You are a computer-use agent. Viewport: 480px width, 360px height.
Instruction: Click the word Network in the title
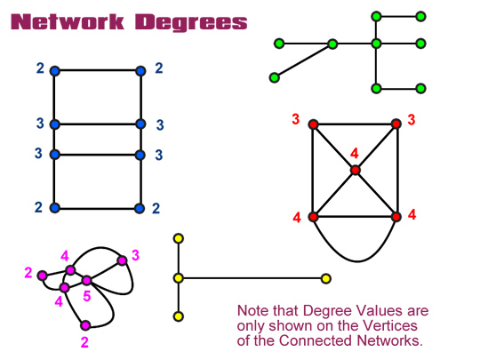68,22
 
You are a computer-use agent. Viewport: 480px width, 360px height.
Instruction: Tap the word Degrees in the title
191,23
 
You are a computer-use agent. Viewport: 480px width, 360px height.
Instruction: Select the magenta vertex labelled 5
86,280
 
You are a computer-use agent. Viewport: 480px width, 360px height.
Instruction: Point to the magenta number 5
87,296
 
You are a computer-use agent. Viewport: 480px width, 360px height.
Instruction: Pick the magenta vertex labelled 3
122,260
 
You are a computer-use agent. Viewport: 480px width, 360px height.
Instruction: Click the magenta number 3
135,255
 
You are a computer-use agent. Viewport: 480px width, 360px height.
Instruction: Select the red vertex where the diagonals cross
355,170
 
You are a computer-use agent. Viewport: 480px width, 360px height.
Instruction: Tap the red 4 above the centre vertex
355,153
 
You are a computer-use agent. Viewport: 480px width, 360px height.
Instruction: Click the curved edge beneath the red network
357,261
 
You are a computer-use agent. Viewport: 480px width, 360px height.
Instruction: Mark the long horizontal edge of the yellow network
252,278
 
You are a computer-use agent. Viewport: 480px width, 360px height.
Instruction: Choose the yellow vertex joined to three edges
179,278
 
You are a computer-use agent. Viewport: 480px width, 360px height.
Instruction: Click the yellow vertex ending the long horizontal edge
326,278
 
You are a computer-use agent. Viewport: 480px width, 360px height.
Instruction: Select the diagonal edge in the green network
303,60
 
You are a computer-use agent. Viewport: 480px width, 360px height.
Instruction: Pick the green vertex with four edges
376,44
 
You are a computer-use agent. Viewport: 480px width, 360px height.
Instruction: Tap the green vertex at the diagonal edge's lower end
275,77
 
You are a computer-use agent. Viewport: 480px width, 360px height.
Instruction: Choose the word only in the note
252,326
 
